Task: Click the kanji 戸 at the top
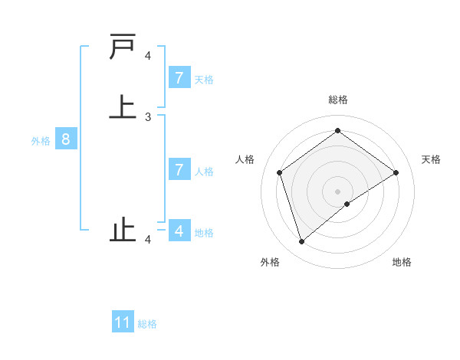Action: [x=123, y=47]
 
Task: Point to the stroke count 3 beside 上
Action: [x=148, y=117]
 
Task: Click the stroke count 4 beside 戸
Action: [x=148, y=55]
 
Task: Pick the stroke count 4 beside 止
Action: [x=148, y=240]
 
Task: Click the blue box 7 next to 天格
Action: [x=179, y=78]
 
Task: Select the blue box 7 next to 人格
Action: [x=179, y=170]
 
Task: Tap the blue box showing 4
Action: [x=179, y=231]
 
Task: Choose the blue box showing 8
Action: [x=66, y=139]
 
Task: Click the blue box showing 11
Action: [x=123, y=322]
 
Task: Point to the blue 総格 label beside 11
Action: [x=147, y=324]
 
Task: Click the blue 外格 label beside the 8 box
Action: [x=41, y=141]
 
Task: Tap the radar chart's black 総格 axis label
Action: [x=337, y=100]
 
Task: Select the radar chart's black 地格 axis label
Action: [x=402, y=262]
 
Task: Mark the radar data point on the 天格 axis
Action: [x=396, y=172]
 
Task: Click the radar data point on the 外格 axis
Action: [x=301, y=242]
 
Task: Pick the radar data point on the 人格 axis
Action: [x=279, y=172]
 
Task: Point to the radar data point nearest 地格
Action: [x=347, y=204]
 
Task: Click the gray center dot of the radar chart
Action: [x=337, y=191]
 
